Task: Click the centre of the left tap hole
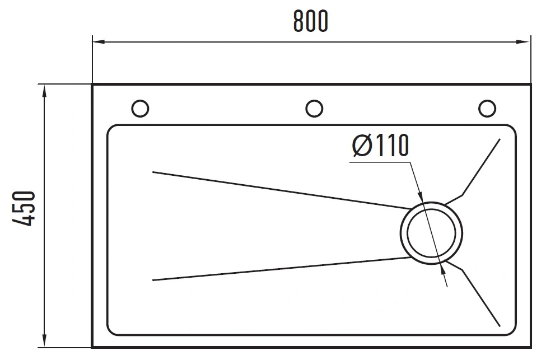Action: [140, 109]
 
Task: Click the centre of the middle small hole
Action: [314, 109]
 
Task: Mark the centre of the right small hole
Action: [487, 109]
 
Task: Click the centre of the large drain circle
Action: [431, 233]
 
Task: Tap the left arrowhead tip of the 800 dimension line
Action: [93, 42]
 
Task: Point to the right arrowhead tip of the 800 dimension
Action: [530, 42]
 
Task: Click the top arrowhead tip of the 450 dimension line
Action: [44, 85]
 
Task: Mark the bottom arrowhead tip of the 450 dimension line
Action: [44, 347]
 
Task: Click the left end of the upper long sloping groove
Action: [153, 172]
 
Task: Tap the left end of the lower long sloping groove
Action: [153, 280]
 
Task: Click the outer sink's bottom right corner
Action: [531, 347]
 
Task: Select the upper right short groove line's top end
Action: [500, 139]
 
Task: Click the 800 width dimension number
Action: [310, 21]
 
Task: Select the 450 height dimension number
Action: [24, 209]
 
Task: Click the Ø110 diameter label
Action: [380, 146]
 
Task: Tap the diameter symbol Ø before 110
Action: [362, 146]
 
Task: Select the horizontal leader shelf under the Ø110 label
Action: [380, 162]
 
